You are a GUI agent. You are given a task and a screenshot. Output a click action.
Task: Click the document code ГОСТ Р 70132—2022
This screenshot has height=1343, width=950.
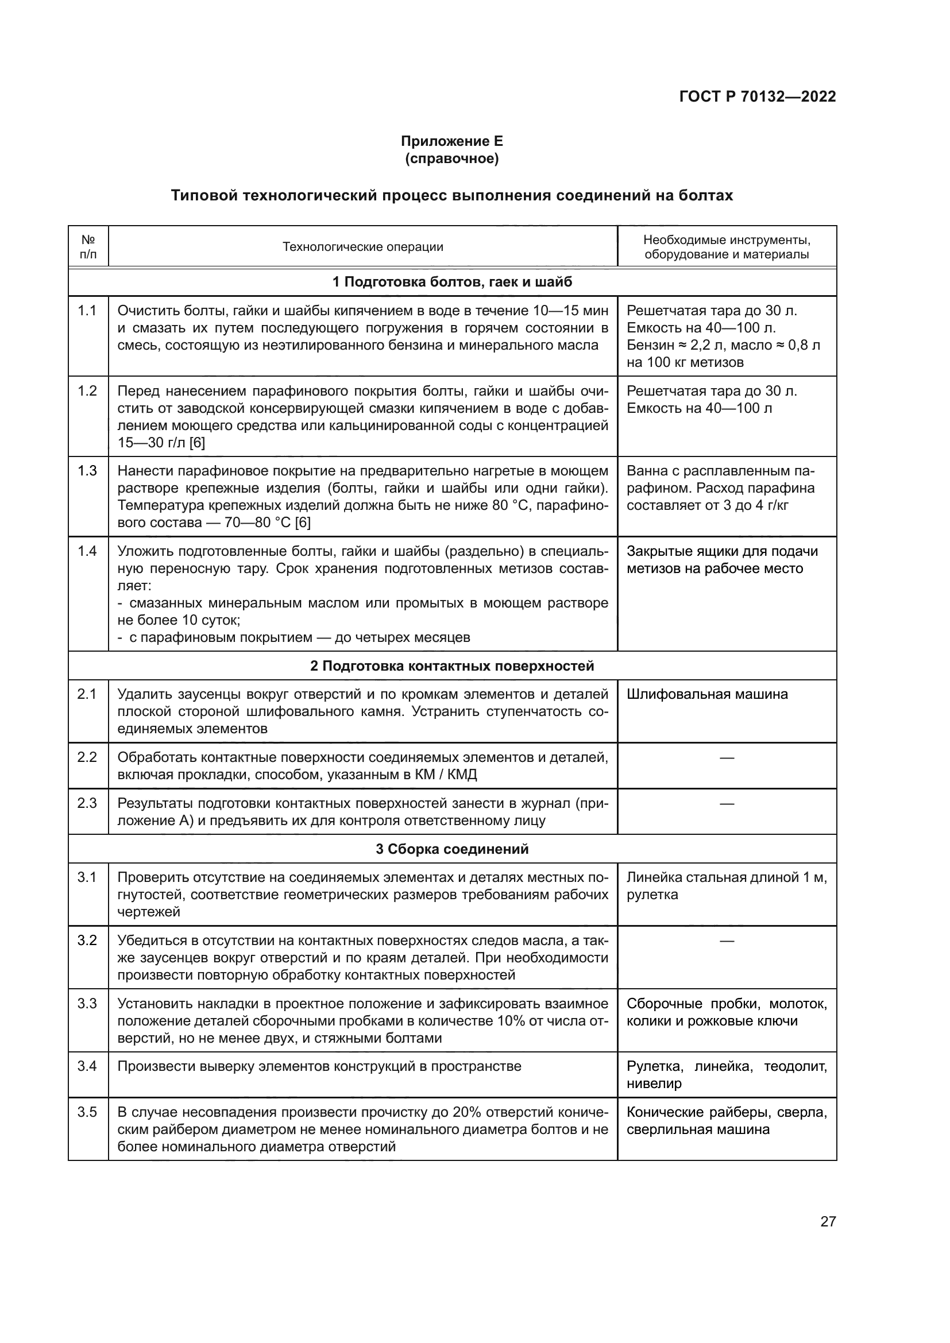click(757, 96)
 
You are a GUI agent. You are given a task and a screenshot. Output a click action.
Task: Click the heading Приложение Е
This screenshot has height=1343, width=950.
click(451, 141)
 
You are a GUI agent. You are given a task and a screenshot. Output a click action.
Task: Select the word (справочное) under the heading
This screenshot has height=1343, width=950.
click(451, 158)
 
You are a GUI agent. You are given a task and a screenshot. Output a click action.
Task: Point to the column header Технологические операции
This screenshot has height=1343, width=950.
click(362, 247)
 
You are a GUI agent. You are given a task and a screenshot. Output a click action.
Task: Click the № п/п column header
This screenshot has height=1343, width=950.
click(88, 247)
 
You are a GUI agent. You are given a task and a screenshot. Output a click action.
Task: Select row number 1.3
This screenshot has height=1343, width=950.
click(87, 471)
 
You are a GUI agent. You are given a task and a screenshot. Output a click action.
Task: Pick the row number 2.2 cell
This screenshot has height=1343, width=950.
click(87, 757)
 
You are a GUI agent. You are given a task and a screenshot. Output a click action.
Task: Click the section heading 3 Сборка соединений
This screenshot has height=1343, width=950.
click(451, 849)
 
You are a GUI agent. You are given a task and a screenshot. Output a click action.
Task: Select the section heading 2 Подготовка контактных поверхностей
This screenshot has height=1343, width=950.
click(451, 666)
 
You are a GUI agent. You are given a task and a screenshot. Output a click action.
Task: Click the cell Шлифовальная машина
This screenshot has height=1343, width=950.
click(707, 694)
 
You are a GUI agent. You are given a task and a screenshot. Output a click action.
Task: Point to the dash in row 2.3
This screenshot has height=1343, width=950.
click(727, 804)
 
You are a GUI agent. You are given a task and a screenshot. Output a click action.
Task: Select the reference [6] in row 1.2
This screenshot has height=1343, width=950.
click(197, 443)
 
